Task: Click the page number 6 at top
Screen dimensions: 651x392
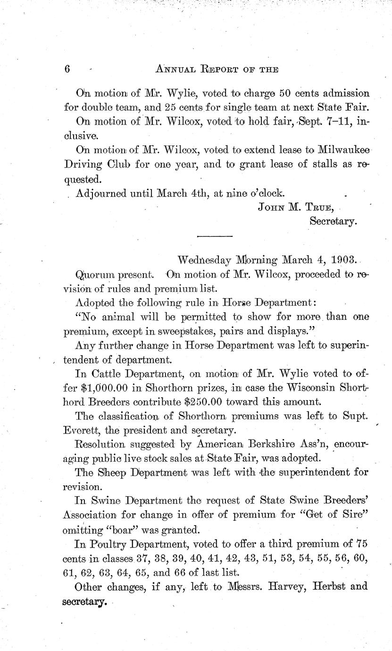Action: [x=67, y=68]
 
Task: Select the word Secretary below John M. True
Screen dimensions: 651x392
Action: [x=333, y=220]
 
